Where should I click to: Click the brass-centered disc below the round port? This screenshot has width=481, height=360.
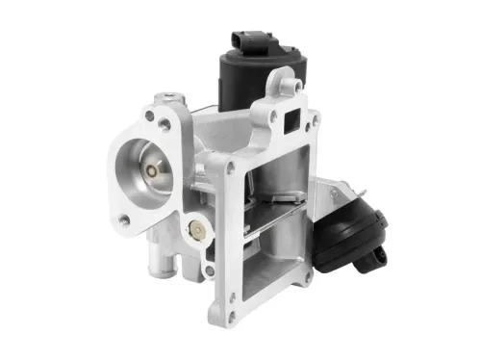(196, 229)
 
